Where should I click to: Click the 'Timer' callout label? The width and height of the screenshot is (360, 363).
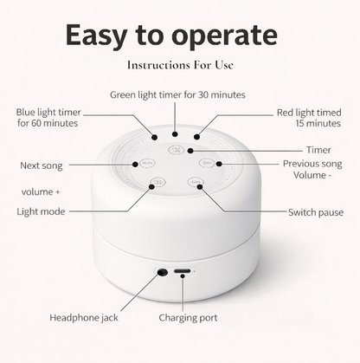click(x=318, y=149)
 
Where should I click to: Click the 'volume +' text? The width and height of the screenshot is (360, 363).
click(x=41, y=191)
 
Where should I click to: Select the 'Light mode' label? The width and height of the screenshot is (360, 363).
click(x=42, y=211)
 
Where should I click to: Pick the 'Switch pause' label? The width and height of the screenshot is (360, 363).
click(x=315, y=212)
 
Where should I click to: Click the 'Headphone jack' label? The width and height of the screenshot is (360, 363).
click(x=84, y=317)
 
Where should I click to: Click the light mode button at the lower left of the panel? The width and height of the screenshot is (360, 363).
click(x=157, y=183)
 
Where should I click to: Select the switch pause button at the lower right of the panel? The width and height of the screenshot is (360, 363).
click(x=195, y=183)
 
